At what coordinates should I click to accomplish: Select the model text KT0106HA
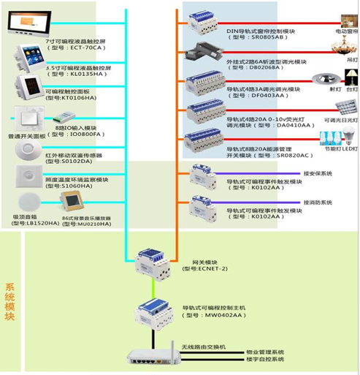74,97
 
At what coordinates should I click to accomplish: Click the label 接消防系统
317,202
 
